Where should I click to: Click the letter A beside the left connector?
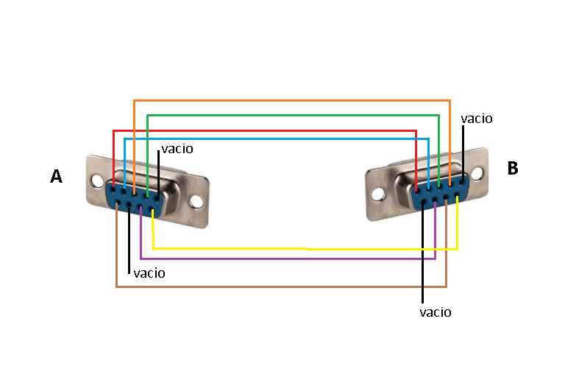pos(56,176)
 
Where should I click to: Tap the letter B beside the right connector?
pos(513,168)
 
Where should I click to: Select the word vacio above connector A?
pos(177,149)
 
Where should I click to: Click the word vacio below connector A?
pos(149,273)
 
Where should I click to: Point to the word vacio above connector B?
pos(476,118)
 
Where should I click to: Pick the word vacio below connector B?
pos(435,312)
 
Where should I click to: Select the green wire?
pos(294,115)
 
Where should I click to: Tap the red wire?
pos(265,131)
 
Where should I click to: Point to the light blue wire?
pos(272,138)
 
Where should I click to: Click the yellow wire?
pos(294,248)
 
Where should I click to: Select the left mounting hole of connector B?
pos(378,194)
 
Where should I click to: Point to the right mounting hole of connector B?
pos(477,172)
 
